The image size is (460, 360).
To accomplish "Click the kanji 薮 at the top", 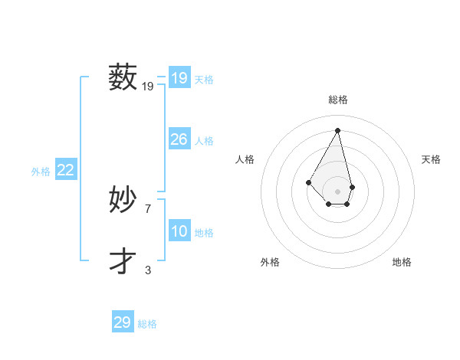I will [x=123, y=77].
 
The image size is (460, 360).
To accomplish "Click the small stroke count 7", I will [x=148, y=208].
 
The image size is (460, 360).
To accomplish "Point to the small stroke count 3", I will [x=148, y=270].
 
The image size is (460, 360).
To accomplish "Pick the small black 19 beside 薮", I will [x=148, y=87].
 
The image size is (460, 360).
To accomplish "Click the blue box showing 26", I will [x=179, y=139].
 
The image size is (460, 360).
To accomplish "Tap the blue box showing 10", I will [x=179, y=231].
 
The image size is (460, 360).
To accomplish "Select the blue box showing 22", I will [x=65, y=170].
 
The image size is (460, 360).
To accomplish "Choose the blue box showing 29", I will [x=122, y=322].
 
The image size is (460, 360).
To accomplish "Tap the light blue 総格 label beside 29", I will [x=147, y=324].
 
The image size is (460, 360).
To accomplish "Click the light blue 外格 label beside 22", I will [x=41, y=172].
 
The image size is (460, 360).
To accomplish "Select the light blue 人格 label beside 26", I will [x=204, y=141].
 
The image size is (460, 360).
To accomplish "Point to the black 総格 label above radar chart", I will [x=338, y=100].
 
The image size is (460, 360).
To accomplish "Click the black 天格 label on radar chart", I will [x=431, y=159].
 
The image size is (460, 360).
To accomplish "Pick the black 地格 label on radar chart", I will [x=402, y=262].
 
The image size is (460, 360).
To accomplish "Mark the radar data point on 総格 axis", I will [x=338, y=130].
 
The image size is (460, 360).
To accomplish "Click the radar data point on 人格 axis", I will [x=308, y=182].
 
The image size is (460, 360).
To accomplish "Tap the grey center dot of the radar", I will [x=338, y=191].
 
